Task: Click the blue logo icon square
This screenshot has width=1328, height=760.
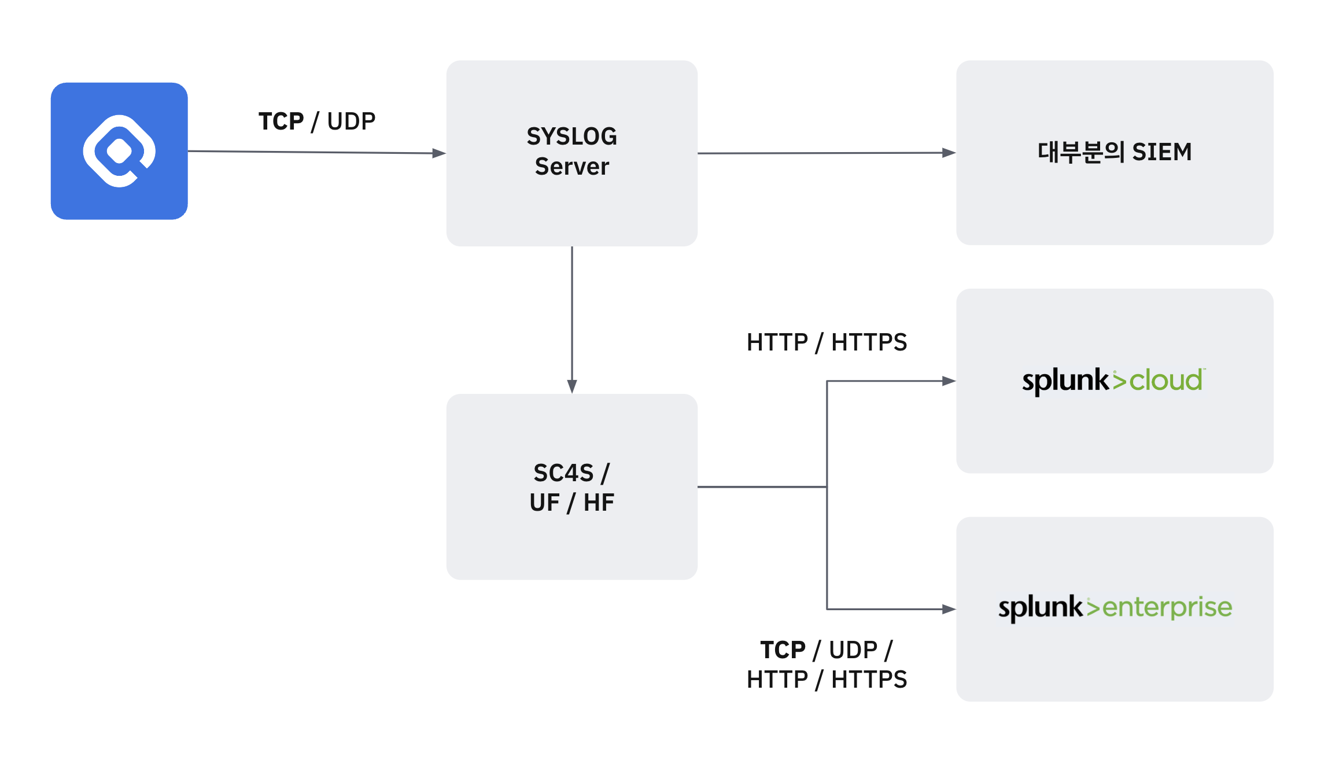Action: (x=119, y=151)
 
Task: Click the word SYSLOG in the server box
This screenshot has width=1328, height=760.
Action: (x=571, y=136)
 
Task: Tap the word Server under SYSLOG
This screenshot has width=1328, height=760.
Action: (x=571, y=167)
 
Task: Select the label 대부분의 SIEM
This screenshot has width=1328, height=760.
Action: (x=1114, y=152)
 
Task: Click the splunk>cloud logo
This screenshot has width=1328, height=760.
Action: (x=1113, y=381)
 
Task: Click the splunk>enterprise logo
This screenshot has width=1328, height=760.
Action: (x=1115, y=608)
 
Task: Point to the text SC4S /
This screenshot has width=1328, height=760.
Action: (x=571, y=473)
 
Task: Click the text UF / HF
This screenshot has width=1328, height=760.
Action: (x=571, y=503)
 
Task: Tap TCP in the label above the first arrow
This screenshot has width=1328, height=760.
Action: (x=281, y=121)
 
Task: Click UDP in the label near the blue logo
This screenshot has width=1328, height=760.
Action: (x=351, y=121)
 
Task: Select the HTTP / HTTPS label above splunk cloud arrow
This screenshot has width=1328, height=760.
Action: (x=827, y=342)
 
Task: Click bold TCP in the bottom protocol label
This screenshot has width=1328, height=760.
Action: (x=783, y=650)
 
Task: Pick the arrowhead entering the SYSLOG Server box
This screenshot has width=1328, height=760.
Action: (x=439, y=153)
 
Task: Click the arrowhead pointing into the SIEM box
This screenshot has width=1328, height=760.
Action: (x=949, y=153)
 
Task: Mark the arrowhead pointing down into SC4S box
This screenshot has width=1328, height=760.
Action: (x=572, y=386)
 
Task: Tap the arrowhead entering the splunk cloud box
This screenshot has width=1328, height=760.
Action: (x=949, y=381)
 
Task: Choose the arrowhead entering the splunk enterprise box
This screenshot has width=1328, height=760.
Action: (x=949, y=609)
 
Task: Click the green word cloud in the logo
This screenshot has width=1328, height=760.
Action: (x=1165, y=381)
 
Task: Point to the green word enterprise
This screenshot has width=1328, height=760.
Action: (x=1167, y=608)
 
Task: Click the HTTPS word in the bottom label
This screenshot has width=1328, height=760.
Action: (x=869, y=680)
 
